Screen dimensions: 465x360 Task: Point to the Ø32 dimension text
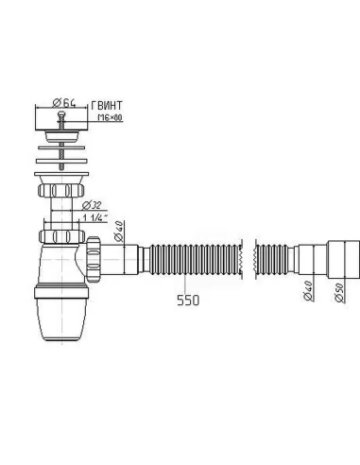(x=93, y=204)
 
